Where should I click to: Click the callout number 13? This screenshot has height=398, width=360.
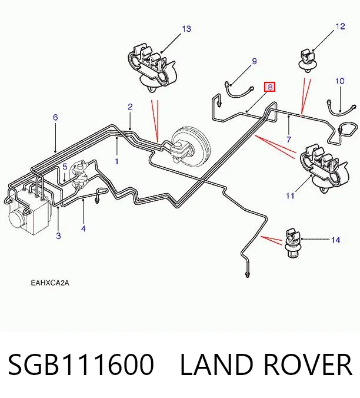[x=186, y=29]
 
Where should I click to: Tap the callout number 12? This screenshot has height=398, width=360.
[x=340, y=26]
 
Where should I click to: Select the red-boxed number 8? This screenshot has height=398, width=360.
[x=270, y=87]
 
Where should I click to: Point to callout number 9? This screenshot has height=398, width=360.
[x=254, y=61]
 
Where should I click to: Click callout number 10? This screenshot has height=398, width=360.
[x=340, y=81]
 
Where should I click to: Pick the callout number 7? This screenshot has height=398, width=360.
[x=289, y=140]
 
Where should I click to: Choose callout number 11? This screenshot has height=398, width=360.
[x=290, y=195]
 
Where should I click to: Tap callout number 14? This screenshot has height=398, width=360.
[x=336, y=240]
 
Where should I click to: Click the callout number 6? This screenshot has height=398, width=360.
[x=55, y=117]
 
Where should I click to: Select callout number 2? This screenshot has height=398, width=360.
[x=130, y=107]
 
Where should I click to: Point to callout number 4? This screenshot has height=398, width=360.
[x=84, y=228]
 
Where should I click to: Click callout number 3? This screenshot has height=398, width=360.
[x=58, y=236]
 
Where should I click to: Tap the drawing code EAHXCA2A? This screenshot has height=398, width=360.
[x=50, y=283]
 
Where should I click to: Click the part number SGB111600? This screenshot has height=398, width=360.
[x=81, y=364]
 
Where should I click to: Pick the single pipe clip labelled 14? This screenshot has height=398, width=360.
[x=292, y=244]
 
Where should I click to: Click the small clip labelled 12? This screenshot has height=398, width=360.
[x=308, y=61]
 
